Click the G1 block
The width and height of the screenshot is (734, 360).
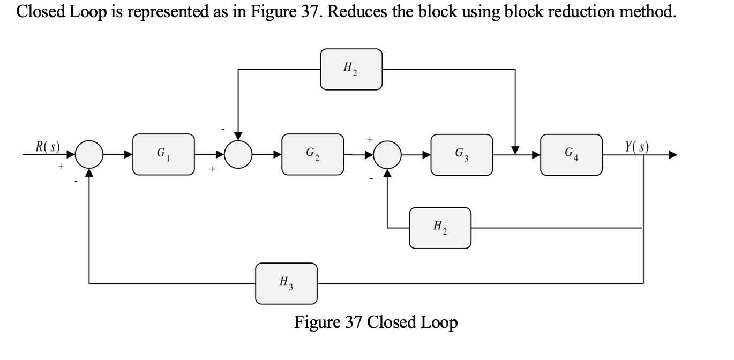coord(163,154)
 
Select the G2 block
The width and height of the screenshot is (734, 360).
coord(312,154)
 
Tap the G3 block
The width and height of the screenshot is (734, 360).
coord(461,155)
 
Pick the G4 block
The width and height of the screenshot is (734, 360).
coord(571,155)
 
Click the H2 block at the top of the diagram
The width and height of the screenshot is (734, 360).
coord(351,69)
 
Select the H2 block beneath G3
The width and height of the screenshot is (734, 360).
coord(440,228)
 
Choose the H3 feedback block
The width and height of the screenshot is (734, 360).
coord(286,283)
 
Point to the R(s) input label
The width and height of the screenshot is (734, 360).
coord(47,146)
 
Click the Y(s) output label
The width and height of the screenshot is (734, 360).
coord(635,146)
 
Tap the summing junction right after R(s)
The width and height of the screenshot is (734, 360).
coord(89,155)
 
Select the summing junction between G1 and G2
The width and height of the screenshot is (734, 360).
coord(238,155)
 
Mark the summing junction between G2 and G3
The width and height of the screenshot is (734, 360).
coord(387,155)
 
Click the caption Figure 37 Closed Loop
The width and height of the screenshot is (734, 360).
coord(376,322)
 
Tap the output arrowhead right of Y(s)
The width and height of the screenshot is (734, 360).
coord(672,155)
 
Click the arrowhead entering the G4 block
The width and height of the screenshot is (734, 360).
coord(536,155)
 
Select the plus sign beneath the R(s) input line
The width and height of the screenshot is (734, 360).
coord(61,168)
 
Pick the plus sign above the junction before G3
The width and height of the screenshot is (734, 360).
coord(369,139)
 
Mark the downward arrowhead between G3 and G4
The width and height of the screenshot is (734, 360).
coord(515,149)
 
